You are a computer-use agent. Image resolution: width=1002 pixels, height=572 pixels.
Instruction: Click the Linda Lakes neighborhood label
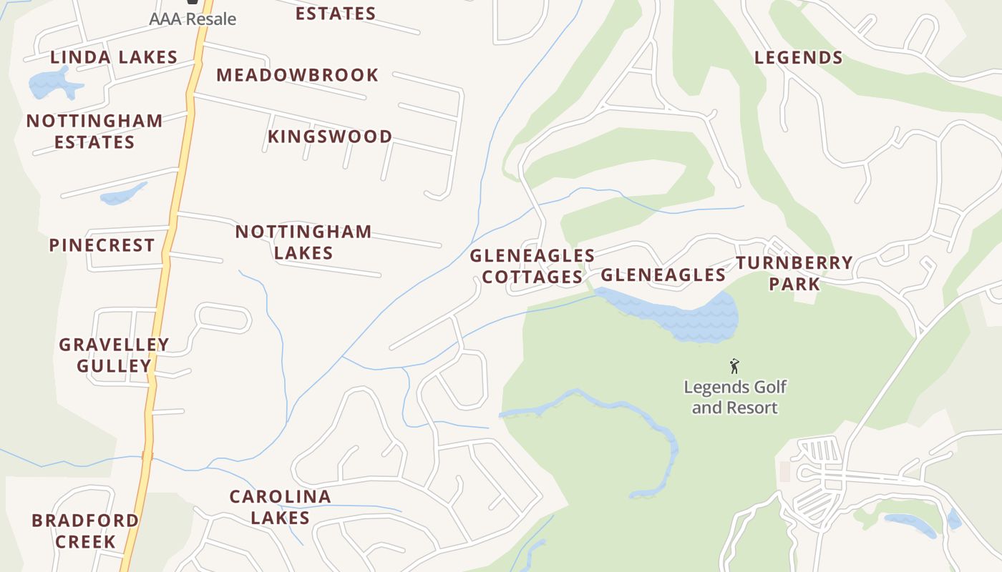click(114, 58)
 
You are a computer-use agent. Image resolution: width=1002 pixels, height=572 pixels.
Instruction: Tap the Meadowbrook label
click(297, 75)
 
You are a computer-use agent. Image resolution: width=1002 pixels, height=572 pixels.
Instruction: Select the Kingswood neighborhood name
click(330, 137)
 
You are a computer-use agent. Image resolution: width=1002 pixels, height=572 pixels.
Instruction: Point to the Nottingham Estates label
click(94, 132)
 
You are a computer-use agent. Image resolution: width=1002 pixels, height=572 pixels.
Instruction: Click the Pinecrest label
click(102, 245)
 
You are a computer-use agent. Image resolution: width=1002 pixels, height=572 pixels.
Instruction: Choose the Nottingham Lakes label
click(303, 242)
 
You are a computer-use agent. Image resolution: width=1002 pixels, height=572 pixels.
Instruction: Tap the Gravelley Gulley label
click(114, 355)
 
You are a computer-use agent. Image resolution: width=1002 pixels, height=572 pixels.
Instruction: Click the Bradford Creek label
click(85, 531)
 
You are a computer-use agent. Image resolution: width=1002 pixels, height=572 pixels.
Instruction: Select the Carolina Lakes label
click(280, 507)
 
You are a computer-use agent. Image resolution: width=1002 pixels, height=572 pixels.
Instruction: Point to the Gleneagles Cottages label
click(532, 266)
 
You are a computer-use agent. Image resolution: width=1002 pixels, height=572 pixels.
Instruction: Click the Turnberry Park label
click(794, 273)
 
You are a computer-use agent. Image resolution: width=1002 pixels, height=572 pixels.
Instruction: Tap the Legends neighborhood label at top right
click(798, 58)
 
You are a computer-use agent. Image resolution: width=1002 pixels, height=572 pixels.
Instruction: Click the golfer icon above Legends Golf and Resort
click(734, 367)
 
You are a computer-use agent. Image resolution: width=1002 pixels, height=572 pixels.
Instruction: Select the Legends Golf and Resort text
click(735, 398)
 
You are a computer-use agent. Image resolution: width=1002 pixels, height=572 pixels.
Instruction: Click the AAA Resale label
click(193, 19)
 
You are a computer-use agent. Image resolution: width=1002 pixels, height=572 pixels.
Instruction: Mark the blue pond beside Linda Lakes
click(54, 85)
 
